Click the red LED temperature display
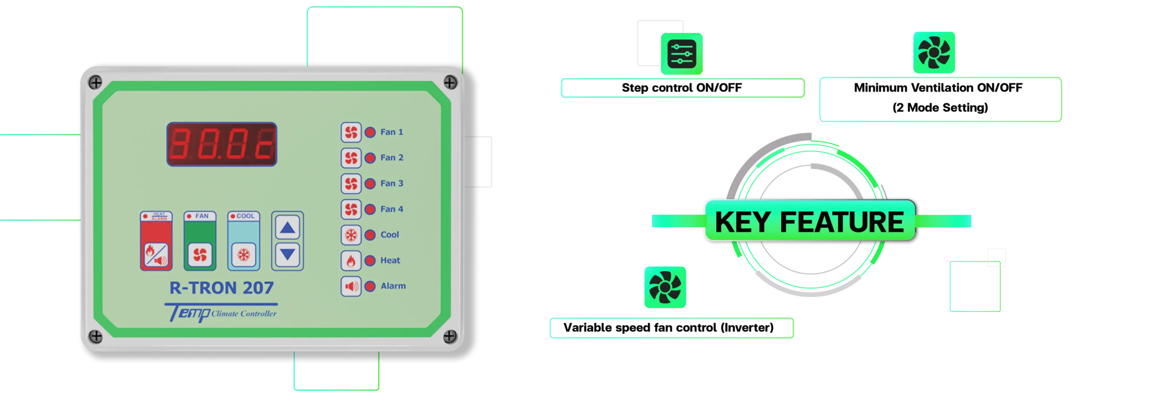pyautogui.click(x=221, y=144)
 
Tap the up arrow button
pyautogui.click(x=287, y=228)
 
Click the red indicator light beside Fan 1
pyautogui.click(x=370, y=132)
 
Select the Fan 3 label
pyautogui.click(x=392, y=184)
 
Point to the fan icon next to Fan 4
pyautogui.click(x=351, y=209)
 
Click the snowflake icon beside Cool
pyautogui.click(x=351, y=235)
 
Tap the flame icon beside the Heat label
pyautogui.click(x=351, y=261)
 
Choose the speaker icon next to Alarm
pyautogui.click(x=351, y=287)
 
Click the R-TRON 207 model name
pyautogui.click(x=221, y=288)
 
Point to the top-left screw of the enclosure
pyautogui.click(x=95, y=83)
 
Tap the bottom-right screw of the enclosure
pyautogui.click(x=450, y=336)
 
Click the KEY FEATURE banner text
pyautogui.click(x=809, y=222)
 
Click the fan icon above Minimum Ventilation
pyautogui.click(x=934, y=52)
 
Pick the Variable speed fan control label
pyautogui.click(x=669, y=328)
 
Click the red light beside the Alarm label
pyautogui.click(x=370, y=287)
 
